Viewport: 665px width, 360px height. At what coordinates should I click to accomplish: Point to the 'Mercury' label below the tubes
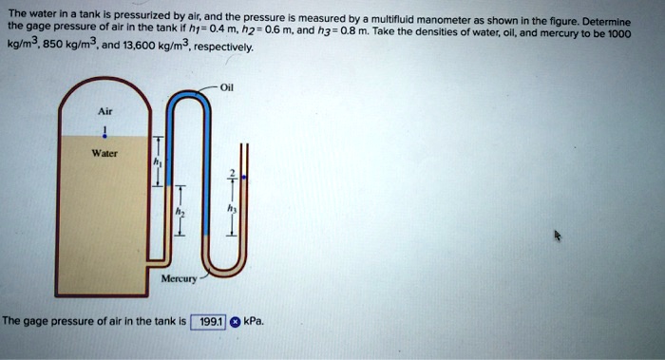point(178,279)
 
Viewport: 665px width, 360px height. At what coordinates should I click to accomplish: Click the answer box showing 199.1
point(207,322)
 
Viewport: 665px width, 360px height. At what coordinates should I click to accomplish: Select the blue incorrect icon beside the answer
point(234,322)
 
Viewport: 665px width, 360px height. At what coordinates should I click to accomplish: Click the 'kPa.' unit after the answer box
point(254,322)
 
